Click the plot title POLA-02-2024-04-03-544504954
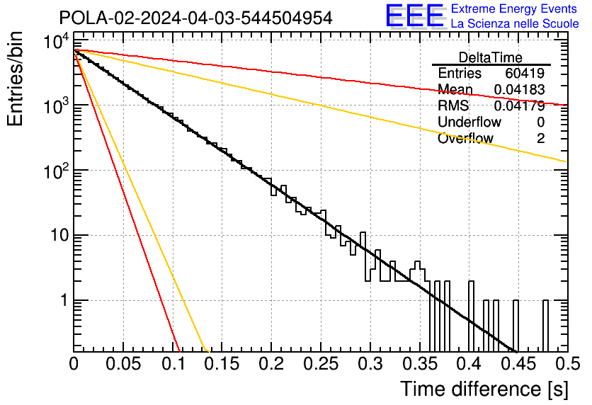pos(195,18)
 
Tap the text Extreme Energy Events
pos(515,9)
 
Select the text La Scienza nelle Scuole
pos(515,23)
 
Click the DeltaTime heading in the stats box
pos(491,57)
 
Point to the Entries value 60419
pos(525,74)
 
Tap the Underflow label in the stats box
pos(469,122)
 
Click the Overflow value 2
pos(540,139)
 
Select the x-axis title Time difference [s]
pos(483,389)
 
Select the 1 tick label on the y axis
pos(62,301)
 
